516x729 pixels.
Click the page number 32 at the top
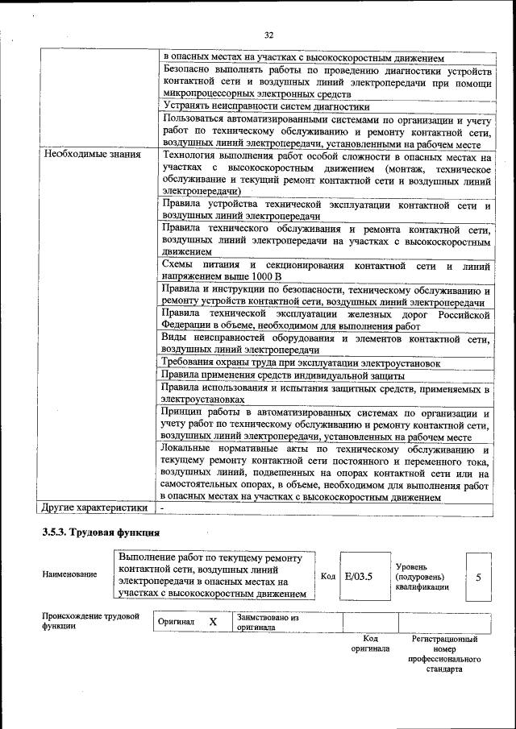coord(269,35)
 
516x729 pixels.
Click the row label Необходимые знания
coord(93,153)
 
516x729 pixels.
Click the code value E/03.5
coord(358,576)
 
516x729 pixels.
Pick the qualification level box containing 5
coord(478,576)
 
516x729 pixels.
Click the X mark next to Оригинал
coord(213,623)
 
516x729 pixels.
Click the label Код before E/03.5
coord(328,576)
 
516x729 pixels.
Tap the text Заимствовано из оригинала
coord(268,622)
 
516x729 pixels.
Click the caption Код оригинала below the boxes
coord(370,643)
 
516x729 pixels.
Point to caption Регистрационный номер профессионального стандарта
coord(444,653)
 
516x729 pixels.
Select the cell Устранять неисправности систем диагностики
coord(266,106)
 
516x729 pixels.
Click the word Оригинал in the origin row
coord(177,623)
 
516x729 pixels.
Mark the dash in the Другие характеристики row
coord(162,508)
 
